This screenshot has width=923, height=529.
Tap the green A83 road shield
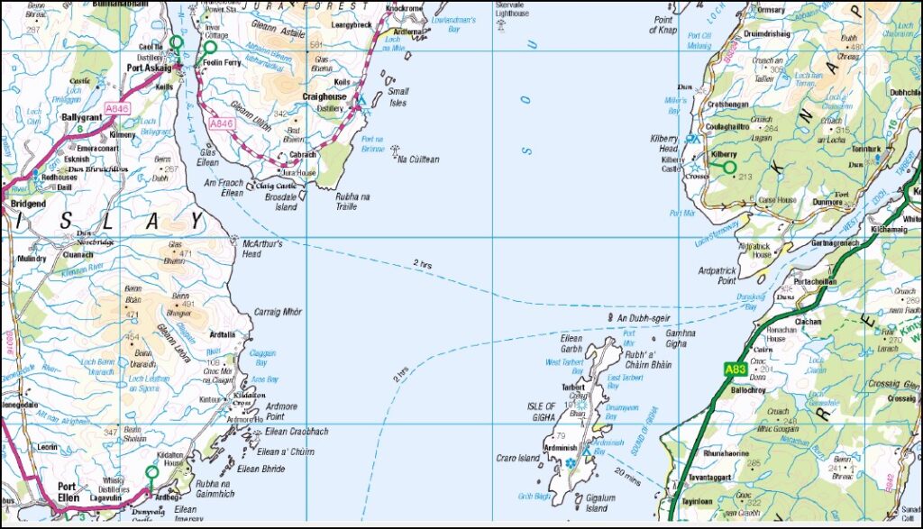(x=735, y=369)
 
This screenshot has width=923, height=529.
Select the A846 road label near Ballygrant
(x=117, y=108)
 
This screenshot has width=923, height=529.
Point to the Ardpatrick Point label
(x=717, y=276)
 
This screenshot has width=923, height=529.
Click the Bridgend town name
(x=22, y=205)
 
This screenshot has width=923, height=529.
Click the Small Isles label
(x=398, y=96)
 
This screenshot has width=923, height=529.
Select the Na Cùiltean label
(x=417, y=160)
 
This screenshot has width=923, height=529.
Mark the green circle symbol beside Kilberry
(x=729, y=167)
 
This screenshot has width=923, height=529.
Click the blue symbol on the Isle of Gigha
(x=571, y=462)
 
